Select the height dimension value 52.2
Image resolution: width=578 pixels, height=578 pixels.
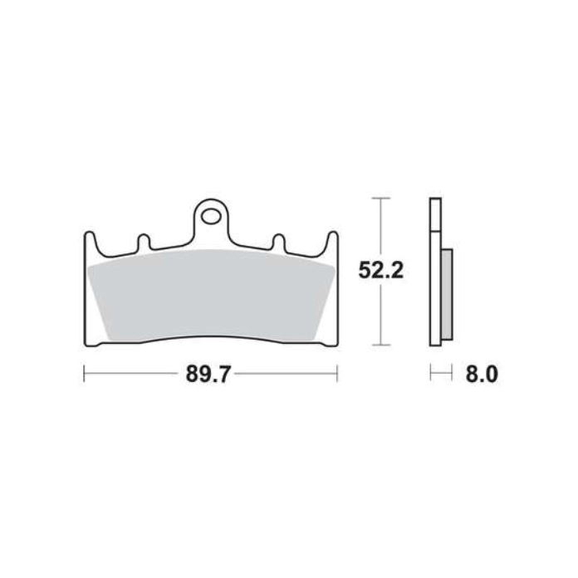point(381,270)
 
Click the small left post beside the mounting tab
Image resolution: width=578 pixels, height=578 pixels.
point(142,241)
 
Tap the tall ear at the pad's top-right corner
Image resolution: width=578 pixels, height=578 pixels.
point(332,242)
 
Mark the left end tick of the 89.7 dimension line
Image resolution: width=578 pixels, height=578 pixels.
point(85,375)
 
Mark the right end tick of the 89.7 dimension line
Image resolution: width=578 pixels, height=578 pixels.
point(336,375)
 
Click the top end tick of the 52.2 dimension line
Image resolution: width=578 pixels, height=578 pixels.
point(380,198)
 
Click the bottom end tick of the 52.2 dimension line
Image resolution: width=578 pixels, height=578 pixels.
point(380,345)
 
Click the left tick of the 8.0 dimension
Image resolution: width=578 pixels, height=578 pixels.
point(429,375)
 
